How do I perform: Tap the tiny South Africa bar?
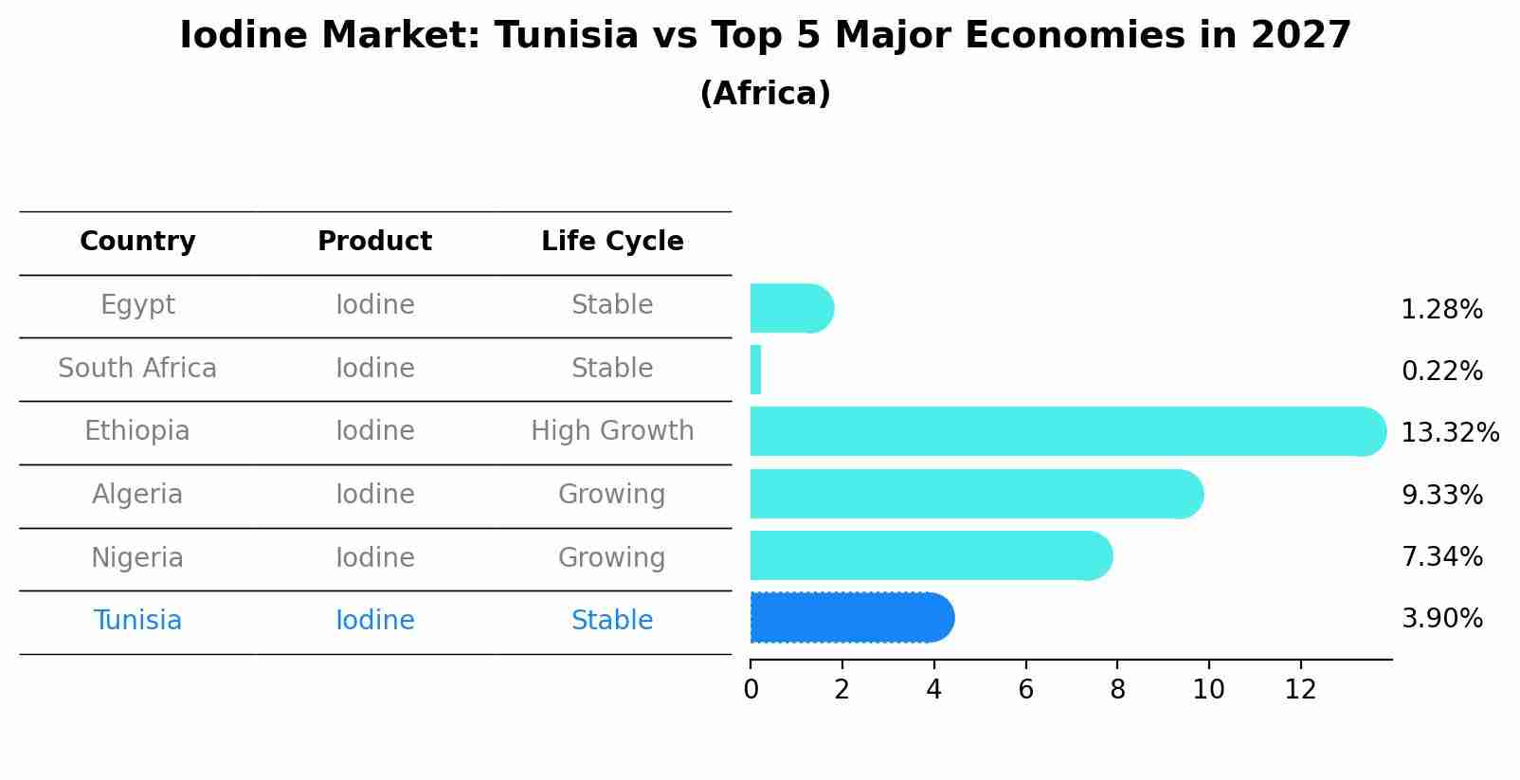[755, 370]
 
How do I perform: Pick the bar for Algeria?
[976, 494]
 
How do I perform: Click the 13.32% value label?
[1449, 433]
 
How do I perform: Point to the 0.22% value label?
[1441, 372]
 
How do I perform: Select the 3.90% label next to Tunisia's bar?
[1441, 619]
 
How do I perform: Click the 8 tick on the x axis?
[1117, 690]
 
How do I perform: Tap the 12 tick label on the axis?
[1300, 690]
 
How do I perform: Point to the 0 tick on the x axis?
[751, 690]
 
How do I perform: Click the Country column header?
[137, 242]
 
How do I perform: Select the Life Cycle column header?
[612, 242]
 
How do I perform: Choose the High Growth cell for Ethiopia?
[612, 431]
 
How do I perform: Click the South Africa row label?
[137, 369]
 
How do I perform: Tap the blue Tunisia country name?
[137, 621]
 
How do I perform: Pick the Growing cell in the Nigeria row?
[612, 557]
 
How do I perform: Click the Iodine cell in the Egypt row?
[375, 305]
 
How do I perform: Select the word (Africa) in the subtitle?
[765, 94]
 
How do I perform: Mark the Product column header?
[375, 242]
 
